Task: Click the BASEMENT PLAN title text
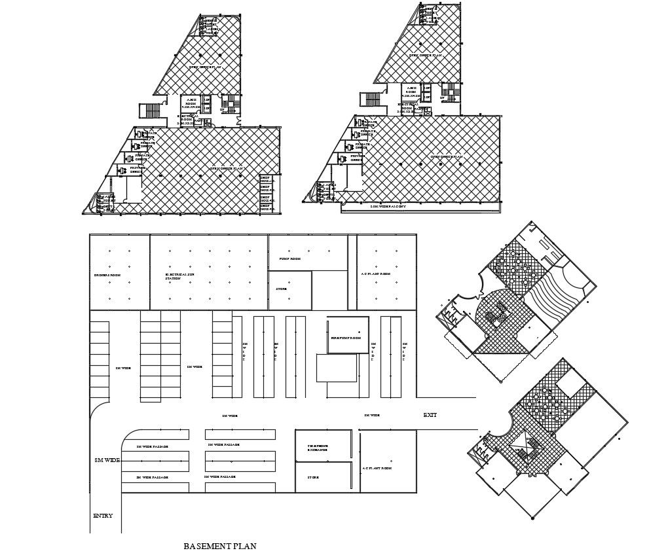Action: click(x=219, y=546)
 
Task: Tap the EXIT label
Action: click(x=430, y=415)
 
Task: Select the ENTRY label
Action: click(x=103, y=516)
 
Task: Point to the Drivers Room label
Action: click(x=107, y=275)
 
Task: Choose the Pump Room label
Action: click(x=289, y=259)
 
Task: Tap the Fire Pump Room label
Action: click(x=346, y=338)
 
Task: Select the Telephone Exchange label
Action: click(x=318, y=448)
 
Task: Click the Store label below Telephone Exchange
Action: click(x=313, y=478)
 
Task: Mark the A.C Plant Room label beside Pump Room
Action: click(x=376, y=274)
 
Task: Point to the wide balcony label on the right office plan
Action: click(x=388, y=207)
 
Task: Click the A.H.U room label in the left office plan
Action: click(x=191, y=101)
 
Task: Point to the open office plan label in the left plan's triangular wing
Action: click(x=205, y=67)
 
